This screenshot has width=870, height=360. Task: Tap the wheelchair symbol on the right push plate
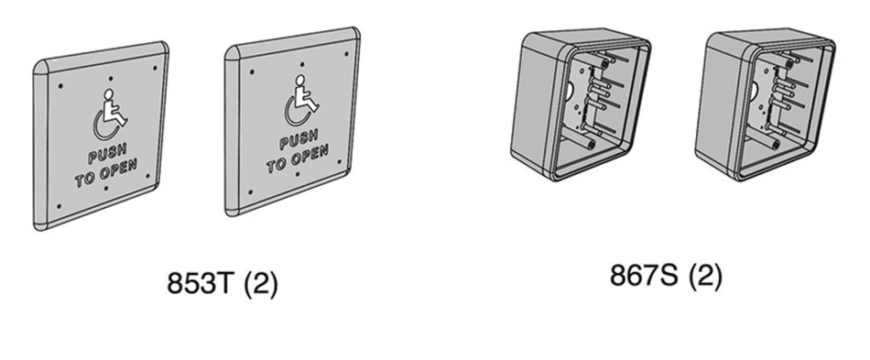coord(301,102)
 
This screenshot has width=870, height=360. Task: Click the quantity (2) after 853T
coord(260,283)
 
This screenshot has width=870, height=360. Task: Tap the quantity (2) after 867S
coord(703,274)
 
